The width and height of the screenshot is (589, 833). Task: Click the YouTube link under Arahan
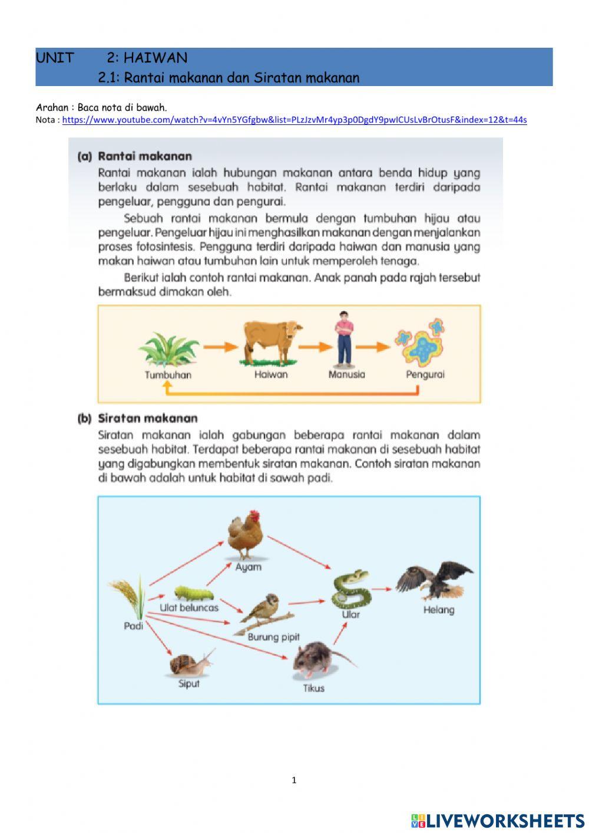294,120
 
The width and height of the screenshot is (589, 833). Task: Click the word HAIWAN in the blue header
155,58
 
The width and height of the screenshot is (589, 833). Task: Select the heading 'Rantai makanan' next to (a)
145,156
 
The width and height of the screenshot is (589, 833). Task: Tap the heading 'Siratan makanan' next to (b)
148,419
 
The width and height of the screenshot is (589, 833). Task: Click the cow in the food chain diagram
272,341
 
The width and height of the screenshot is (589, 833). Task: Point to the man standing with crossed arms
343,338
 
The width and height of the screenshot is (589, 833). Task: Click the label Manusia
346,374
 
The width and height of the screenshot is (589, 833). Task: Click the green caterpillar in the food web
193,593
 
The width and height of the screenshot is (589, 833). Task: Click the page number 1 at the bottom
294,781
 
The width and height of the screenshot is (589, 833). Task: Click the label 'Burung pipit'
273,637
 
